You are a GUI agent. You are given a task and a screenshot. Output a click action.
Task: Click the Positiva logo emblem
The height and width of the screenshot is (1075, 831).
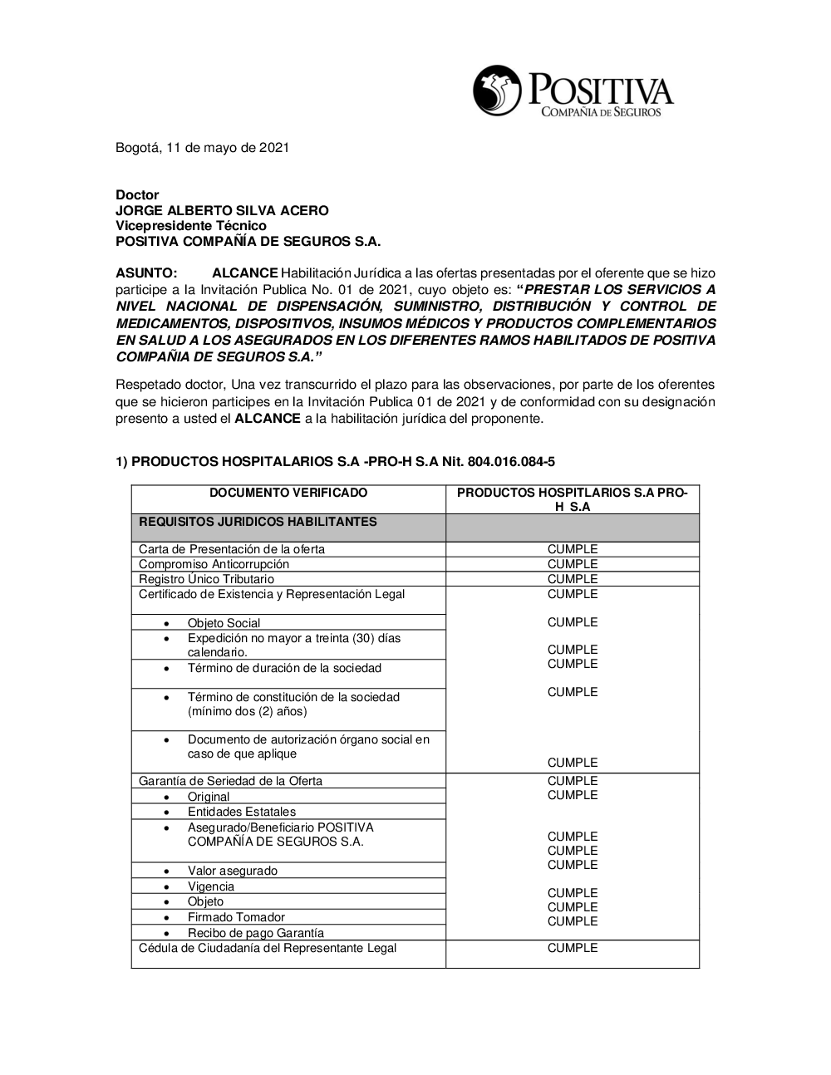click(x=497, y=91)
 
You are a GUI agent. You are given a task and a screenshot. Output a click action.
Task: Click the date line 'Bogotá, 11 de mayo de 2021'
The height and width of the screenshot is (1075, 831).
click(x=202, y=148)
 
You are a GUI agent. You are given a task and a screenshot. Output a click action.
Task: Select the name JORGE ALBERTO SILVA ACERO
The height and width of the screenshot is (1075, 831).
click(x=222, y=210)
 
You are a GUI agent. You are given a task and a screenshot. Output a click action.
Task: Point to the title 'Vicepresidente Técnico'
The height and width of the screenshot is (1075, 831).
click(x=190, y=226)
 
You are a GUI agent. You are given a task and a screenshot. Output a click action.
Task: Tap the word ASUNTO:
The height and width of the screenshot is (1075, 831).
click(x=146, y=273)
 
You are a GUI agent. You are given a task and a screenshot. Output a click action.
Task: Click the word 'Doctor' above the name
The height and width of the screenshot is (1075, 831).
click(x=137, y=195)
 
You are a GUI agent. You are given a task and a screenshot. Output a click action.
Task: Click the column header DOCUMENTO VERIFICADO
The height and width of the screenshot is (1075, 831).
click(x=288, y=493)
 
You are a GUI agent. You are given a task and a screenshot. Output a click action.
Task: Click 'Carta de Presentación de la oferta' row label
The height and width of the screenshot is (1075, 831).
click(x=232, y=549)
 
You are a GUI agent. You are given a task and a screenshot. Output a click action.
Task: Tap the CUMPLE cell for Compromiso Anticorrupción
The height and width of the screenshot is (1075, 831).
click(x=573, y=564)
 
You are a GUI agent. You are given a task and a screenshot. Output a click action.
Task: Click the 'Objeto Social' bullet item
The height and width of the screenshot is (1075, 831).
click(x=224, y=623)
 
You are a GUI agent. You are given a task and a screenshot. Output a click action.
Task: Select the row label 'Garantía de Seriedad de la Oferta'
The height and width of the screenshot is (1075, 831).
click(x=230, y=781)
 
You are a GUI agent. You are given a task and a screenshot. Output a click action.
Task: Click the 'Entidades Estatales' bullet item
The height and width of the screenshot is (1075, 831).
click(x=241, y=812)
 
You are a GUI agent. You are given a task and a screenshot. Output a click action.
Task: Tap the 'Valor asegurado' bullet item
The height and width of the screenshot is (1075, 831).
click(x=232, y=871)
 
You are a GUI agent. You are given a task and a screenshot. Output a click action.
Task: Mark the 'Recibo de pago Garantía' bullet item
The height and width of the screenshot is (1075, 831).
click(x=255, y=933)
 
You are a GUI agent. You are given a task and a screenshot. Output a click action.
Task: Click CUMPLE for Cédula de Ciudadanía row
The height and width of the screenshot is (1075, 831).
click(x=573, y=948)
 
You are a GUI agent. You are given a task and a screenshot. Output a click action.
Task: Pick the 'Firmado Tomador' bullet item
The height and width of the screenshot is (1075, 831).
click(x=236, y=917)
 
